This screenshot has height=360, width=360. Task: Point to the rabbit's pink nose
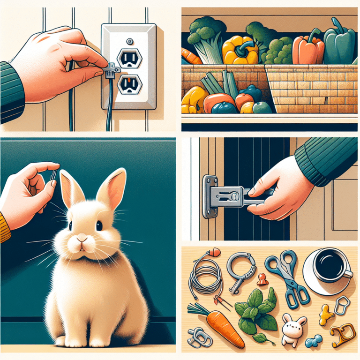[x=82, y=239]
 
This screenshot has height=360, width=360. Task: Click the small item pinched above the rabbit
[x=54, y=175]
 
